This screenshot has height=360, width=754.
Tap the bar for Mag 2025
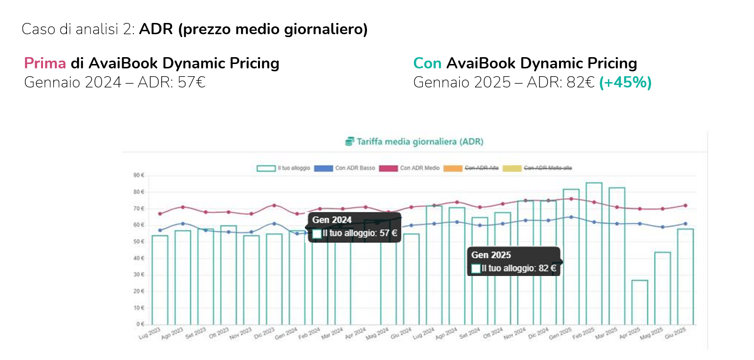click(663, 288)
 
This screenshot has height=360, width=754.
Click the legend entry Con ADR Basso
click(345, 168)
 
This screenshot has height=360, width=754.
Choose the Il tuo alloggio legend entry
click(283, 168)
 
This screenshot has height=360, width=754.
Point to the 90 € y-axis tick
click(138, 175)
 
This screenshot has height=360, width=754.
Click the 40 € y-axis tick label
click(138, 258)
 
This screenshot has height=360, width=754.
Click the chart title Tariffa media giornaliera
click(420, 142)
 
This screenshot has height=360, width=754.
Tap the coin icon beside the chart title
click(349, 142)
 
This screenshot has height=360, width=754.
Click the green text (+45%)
click(625, 83)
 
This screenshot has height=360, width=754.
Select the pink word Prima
click(45, 64)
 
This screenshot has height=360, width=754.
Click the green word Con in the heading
click(427, 64)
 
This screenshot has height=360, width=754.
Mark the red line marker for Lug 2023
click(160, 213)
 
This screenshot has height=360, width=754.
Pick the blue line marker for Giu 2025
click(686, 224)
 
